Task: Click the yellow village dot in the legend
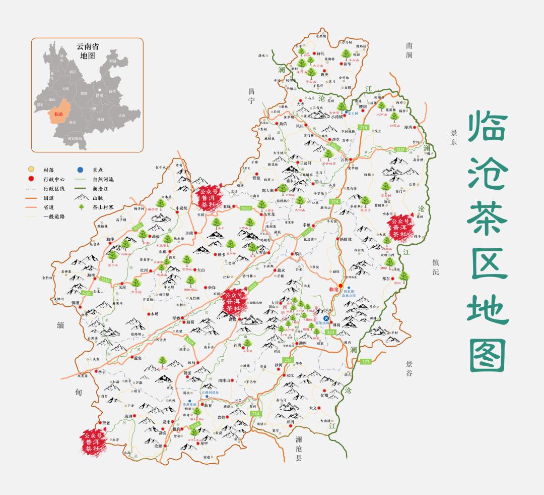pos(31,169)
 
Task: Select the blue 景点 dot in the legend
pos(80,169)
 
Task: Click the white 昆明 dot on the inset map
pos(100,90)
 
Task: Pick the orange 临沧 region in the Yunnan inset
pos(58,114)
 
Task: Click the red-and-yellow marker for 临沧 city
pos(341,286)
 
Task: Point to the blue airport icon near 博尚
pos(326,318)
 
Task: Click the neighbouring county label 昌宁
pos(251,95)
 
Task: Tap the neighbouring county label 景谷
pos(409,368)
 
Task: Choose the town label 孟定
pos(137,358)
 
